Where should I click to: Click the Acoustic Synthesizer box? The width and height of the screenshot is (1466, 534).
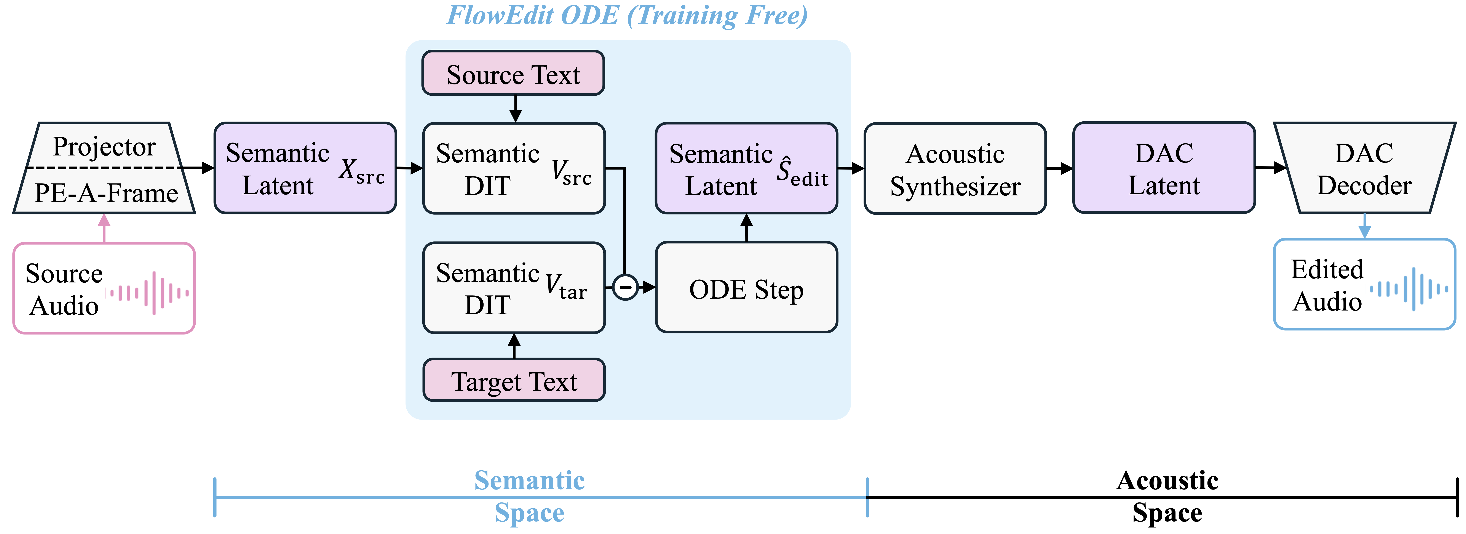[x=955, y=169]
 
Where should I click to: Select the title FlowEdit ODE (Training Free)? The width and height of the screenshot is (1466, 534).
[x=627, y=15]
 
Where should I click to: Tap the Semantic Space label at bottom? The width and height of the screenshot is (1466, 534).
[x=529, y=496]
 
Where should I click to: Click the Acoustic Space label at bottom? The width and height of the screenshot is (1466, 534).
[x=1167, y=496]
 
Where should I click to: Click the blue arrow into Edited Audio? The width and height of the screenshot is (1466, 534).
[x=1364, y=226]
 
